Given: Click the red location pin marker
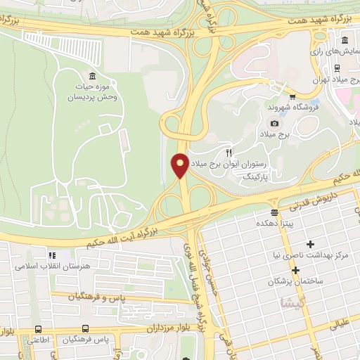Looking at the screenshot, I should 180,165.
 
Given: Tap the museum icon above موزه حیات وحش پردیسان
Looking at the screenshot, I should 92,76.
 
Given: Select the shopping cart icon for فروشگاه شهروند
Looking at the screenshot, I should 292,97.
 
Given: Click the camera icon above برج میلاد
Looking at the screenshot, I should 274,124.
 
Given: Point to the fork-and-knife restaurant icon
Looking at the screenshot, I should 229,153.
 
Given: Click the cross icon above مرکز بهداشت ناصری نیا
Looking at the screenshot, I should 290,243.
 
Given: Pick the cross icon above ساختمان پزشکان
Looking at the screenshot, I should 295,270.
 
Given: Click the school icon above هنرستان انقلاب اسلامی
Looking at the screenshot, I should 51,256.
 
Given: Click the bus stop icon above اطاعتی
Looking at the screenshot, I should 37,328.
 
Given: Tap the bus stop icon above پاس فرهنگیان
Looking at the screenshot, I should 86,328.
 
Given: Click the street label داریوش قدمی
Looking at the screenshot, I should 302,205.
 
